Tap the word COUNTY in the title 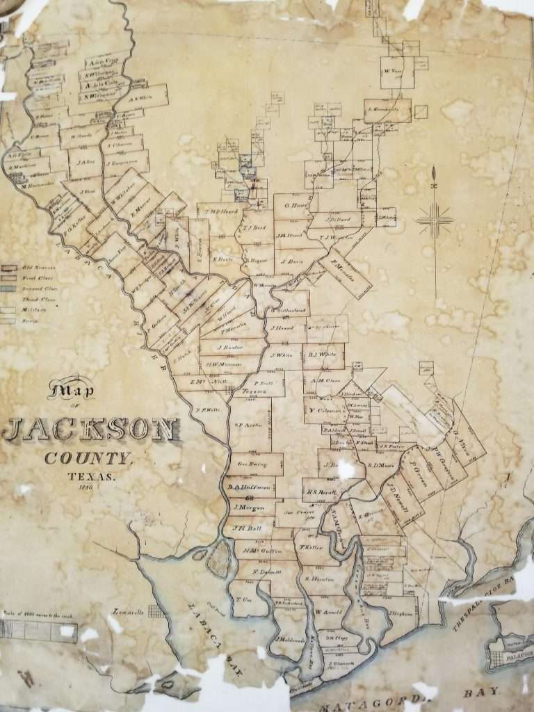pyautogui.click(x=88, y=458)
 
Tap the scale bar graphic pyautogui.click(x=38, y=630)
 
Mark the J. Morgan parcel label pyautogui.click(x=248, y=507)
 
